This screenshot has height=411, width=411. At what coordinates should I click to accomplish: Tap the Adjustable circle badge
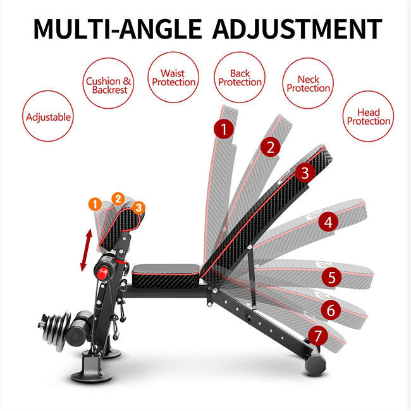coord(48,117)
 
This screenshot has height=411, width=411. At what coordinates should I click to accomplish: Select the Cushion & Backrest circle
coord(109,85)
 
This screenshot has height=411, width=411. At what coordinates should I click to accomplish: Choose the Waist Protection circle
coord(173,78)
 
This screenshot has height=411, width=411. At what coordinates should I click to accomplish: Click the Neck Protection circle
coord(308,84)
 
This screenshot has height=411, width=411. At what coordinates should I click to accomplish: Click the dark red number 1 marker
coord(222,130)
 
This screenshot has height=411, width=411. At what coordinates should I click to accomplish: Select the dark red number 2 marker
coord(271,148)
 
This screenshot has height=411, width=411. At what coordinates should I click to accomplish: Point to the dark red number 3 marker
coord(305,171)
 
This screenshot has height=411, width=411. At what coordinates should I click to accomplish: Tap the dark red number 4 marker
coord(328,222)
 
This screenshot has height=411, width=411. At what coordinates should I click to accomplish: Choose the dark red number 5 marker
coord(331,277)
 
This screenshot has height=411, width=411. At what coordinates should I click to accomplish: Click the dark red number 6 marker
coord(329,310)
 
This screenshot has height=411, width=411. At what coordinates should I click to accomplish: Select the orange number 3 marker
coord(139,207)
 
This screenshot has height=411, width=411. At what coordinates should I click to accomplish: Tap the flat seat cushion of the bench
coord(166,272)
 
